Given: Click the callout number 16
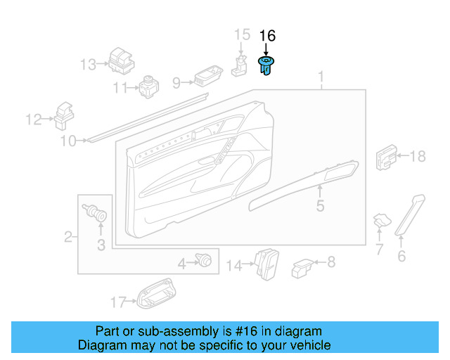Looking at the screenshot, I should coord(268,36).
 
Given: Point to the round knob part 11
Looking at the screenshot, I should coord(149,86).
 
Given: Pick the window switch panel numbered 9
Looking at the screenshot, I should coord(207,77).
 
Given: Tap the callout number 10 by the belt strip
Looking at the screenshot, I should coord(67,141).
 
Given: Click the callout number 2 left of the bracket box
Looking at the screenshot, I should coord(68,237).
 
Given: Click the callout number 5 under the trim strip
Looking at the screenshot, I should coord(320,206).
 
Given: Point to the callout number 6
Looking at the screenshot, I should coord(401,256).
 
